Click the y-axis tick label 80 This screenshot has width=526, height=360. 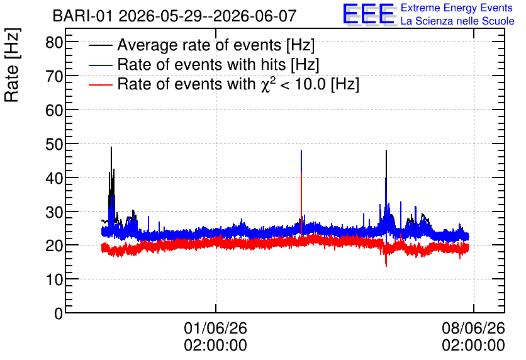(54, 43)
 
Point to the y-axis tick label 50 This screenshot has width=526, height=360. (54, 144)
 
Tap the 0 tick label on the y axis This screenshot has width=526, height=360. (59, 313)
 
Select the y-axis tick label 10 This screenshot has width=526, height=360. (54, 279)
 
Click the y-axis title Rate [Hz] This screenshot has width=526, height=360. (12, 65)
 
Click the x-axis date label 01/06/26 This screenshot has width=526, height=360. (215, 328)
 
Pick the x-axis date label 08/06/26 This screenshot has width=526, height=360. (473, 328)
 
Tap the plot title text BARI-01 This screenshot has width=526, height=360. (82, 16)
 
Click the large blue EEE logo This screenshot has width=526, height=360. (369, 14)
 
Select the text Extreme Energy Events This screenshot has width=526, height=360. (457, 8)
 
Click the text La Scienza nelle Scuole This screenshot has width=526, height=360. (457, 21)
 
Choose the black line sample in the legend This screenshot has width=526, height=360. (101, 45)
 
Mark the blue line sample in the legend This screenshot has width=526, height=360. (101, 65)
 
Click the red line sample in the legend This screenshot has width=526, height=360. (101, 84)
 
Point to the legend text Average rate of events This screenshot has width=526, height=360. (199, 45)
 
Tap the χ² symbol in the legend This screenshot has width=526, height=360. (266, 84)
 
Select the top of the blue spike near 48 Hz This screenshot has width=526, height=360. (301, 150)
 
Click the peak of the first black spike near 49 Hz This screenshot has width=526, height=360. (111, 147)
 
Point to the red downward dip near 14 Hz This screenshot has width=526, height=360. (386, 266)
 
